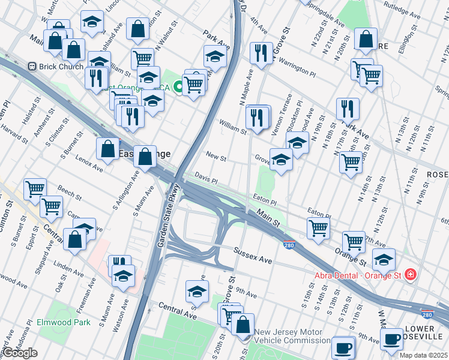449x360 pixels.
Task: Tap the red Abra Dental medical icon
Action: [x=410, y=275]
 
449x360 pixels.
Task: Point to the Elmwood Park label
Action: [x=64, y=322]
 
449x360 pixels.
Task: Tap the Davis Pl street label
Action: [x=206, y=178]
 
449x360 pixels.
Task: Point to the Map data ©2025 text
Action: [x=423, y=355]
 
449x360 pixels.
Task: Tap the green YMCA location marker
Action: [x=178, y=88]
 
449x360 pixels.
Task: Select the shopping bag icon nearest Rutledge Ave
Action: [x=366, y=39]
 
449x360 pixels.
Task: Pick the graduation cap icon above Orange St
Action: [x=384, y=259]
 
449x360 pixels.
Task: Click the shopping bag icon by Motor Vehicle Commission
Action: [x=243, y=325]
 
